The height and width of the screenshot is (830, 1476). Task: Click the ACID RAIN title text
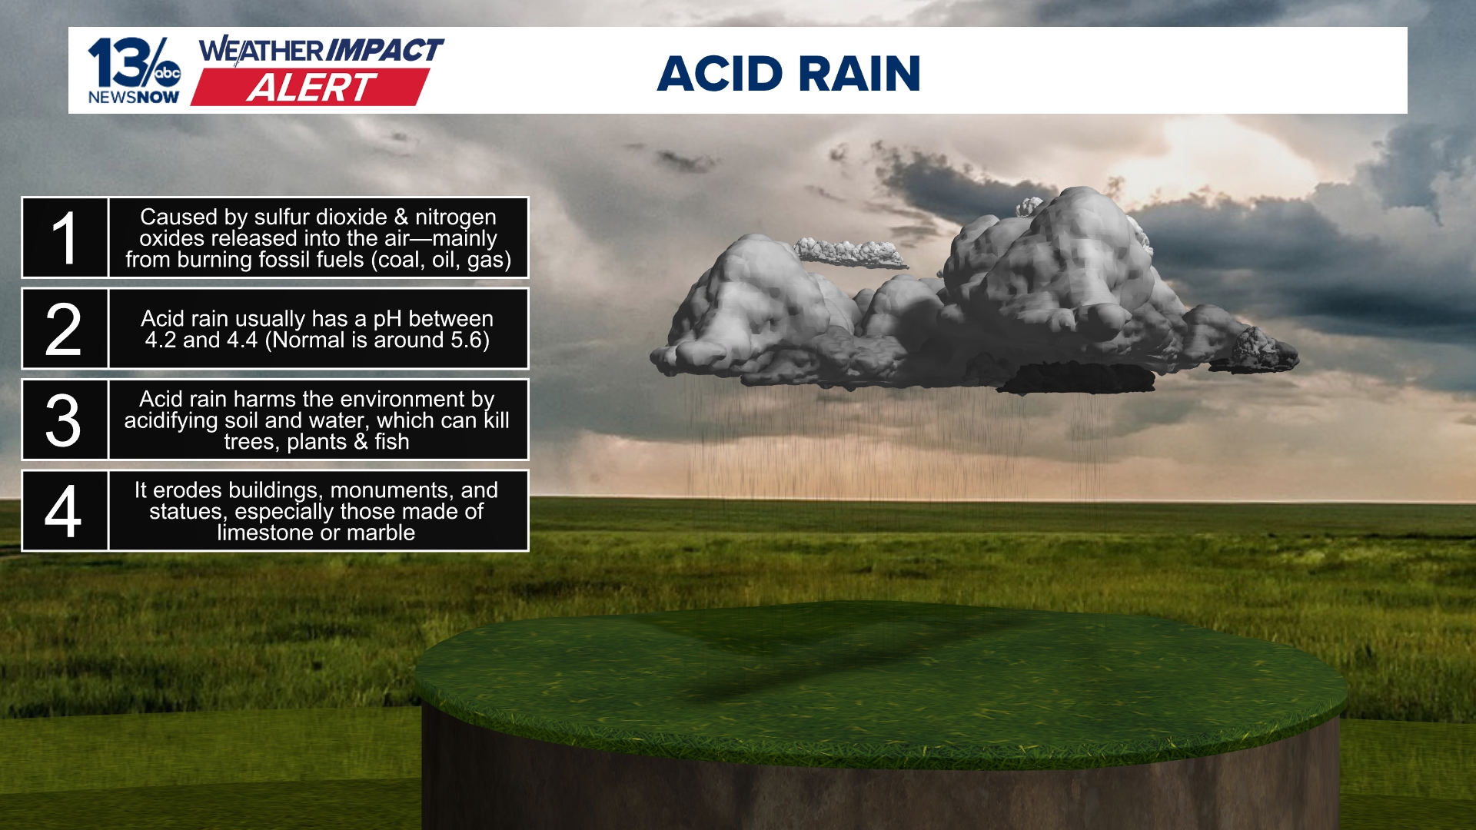click(x=789, y=74)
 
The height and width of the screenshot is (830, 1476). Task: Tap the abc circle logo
click(x=167, y=74)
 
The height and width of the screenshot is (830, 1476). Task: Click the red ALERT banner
click(x=311, y=88)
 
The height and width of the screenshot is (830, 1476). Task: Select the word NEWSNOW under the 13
click(x=134, y=98)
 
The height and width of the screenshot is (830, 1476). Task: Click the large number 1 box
click(x=65, y=237)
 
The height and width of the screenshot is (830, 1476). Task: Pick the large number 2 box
click(x=65, y=329)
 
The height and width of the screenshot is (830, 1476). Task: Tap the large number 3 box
click(x=65, y=420)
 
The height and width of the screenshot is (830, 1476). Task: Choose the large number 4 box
click(x=65, y=511)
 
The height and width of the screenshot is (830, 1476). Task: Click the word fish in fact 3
click(x=392, y=442)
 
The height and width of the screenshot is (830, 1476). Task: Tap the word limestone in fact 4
click(x=265, y=533)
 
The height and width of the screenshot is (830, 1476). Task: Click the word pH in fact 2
click(x=387, y=319)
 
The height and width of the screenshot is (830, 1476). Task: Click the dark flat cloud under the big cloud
click(x=1080, y=378)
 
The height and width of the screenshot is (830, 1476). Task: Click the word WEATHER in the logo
click(x=261, y=51)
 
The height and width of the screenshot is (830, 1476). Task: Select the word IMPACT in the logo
click(x=384, y=51)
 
